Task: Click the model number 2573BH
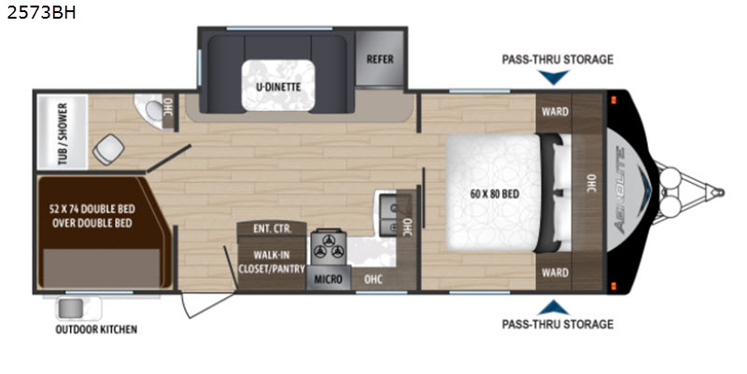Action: click(x=41, y=12)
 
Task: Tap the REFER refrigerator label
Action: click(x=380, y=60)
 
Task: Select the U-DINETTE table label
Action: click(x=278, y=87)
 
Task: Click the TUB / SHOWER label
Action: click(x=63, y=133)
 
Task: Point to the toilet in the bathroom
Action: click(x=108, y=149)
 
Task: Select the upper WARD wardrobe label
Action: click(x=555, y=111)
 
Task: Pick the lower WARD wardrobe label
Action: click(x=555, y=272)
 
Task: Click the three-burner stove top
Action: click(x=329, y=246)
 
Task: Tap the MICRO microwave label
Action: click(x=329, y=279)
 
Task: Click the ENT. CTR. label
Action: click(x=272, y=229)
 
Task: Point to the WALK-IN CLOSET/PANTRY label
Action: click(x=272, y=262)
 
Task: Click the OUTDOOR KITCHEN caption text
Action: click(x=96, y=329)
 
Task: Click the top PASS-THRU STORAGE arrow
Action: click(x=554, y=77)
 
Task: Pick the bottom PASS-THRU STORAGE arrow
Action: click(x=554, y=308)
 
